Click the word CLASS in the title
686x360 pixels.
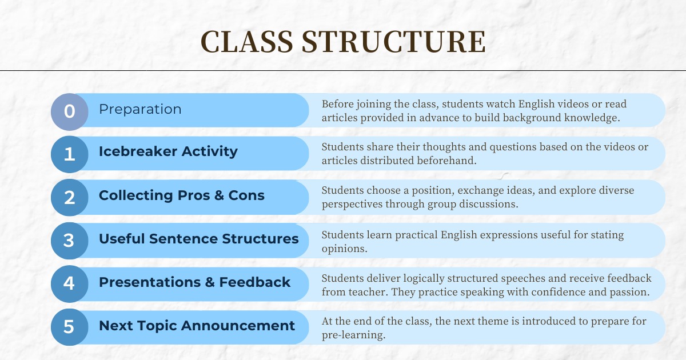pos(247,42)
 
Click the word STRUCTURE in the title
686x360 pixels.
pos(393,42)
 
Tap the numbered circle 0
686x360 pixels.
pos(70,112)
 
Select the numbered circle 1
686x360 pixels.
pos(70,154)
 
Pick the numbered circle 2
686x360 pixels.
pos(70,198)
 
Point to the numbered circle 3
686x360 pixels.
pos(70,241)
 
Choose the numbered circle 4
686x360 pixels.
pos(70,284)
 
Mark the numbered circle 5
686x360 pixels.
pos(70,327)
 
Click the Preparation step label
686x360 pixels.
pos(140,110)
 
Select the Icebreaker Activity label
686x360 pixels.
pos(168,151)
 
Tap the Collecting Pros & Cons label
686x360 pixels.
pos(182,195)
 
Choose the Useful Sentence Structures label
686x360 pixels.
pos(199,239)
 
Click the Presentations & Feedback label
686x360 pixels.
pos(194,282)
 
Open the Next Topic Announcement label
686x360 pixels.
pos(197,326)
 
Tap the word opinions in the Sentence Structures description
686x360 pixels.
pos(344,249)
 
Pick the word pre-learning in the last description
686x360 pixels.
pos(353,335)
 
